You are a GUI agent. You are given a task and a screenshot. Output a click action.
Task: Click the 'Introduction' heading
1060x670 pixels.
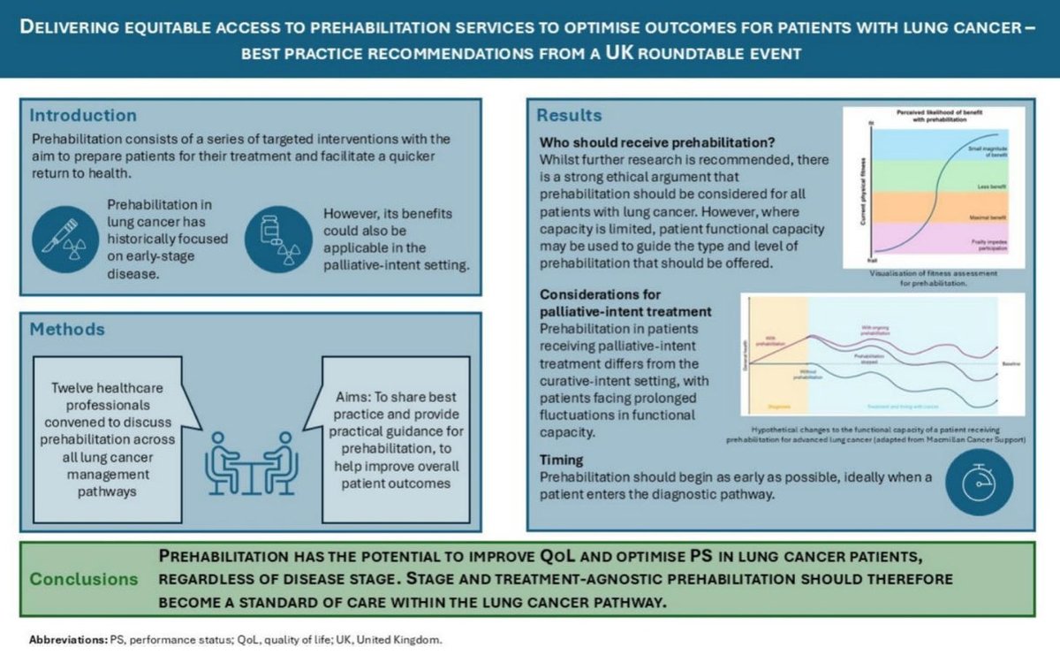[x=83, y=115]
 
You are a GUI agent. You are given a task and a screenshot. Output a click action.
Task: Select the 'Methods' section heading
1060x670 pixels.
[x=67, y=329]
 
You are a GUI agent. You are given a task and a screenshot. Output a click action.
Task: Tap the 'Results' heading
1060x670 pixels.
[x=570, y=115]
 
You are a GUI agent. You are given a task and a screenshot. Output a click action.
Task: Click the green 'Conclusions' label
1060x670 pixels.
[x=84, y=579]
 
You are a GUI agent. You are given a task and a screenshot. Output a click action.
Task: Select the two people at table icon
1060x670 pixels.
[x=251, y=463]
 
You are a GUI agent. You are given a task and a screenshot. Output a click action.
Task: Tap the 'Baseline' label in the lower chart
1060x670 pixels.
[x=1008, y=362]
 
